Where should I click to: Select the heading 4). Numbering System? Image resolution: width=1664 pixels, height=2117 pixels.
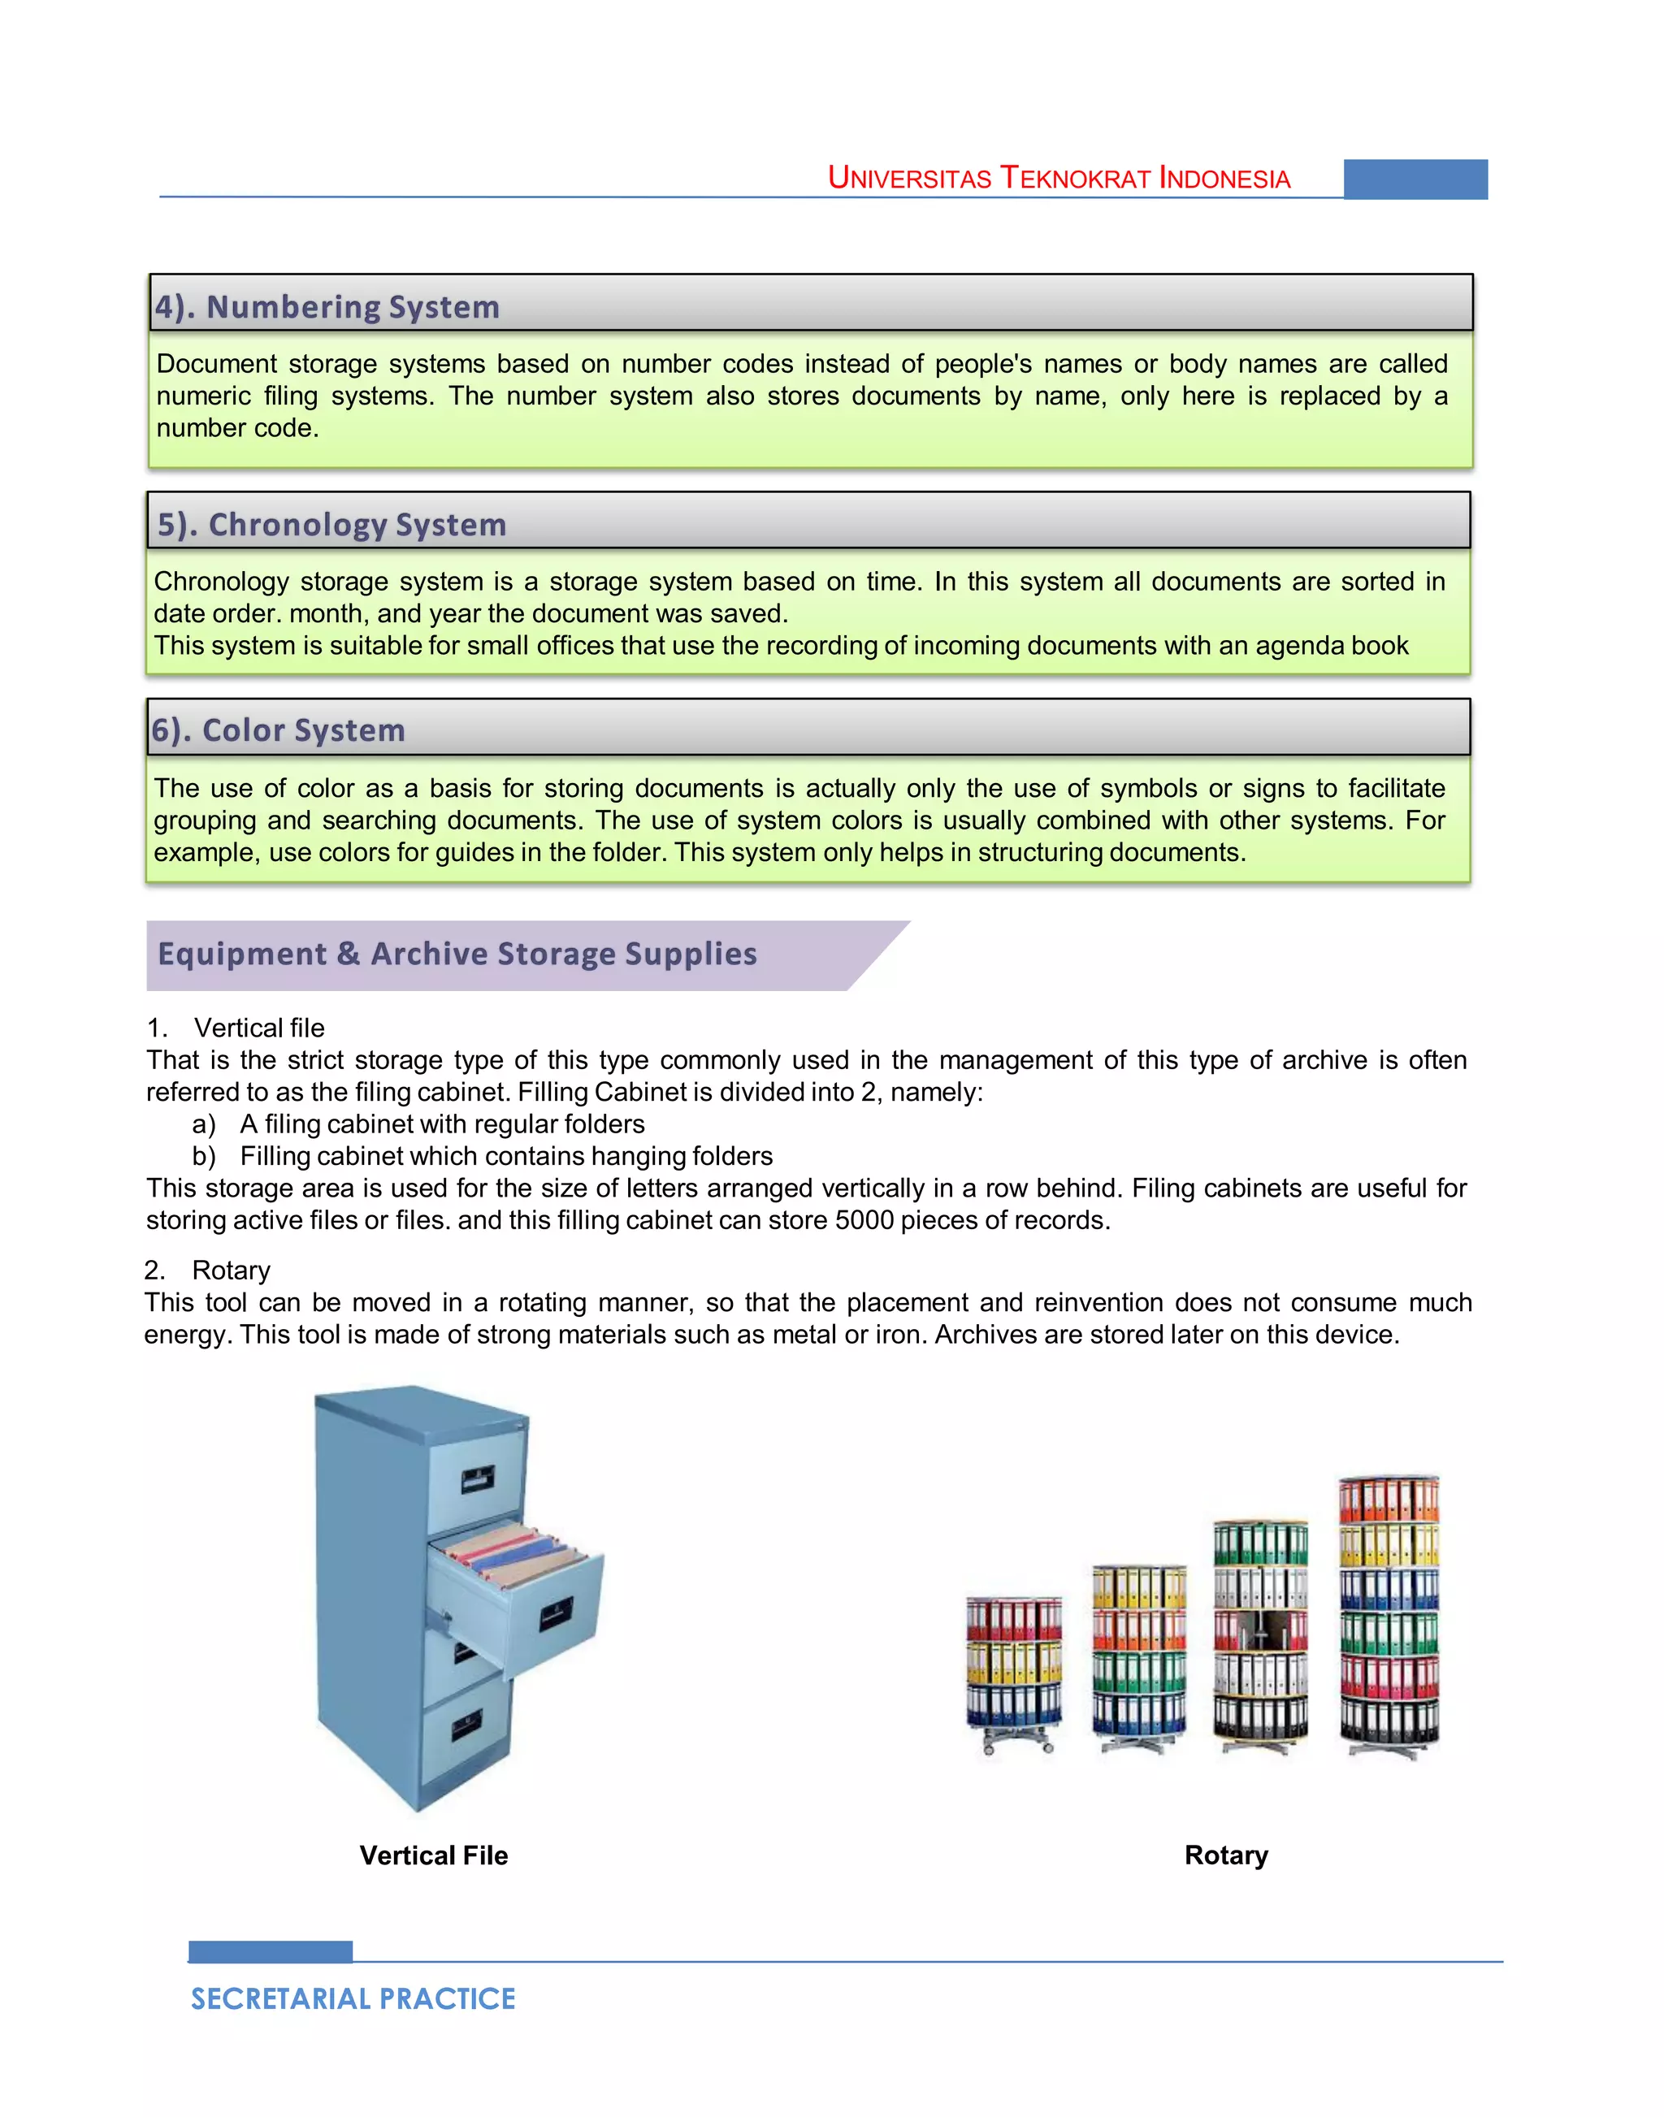[x=327, y=307]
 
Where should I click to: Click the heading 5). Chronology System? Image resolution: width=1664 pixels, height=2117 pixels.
[x=331, y=524]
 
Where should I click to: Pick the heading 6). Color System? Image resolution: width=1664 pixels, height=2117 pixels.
[x=278, y=729]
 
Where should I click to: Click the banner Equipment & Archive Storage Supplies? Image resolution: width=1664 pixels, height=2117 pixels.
[x=458, y=954]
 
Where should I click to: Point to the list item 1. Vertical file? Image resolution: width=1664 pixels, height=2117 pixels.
[x=236, y=1028]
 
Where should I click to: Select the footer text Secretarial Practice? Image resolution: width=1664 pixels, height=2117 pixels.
[x=353, y=1999]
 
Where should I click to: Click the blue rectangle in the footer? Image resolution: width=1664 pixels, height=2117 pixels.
[x=270, y=1951]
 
